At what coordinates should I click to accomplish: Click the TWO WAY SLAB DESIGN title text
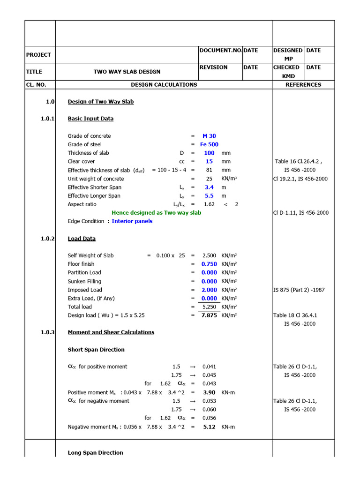pyautogui.click(x=127, y=72)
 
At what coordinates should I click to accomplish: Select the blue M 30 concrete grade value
pyautogui.click(x=209, y=136)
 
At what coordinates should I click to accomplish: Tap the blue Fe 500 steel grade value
pyautogui.click(x=209, y=144)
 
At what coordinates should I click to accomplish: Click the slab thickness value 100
pyautogui.click(x=209, y=153)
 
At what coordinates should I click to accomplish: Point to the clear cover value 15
pyautogui.click(x=209, y=161)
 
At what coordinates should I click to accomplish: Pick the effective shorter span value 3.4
pyautogui.click(x=209, y=187)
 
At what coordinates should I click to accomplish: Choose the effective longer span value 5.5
pyautogui.click(x=209, y=195)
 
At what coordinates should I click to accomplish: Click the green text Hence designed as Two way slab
pyautogui.click(x=156, y=213)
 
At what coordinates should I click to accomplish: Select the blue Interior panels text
pyautogui.click(x=132, y=221)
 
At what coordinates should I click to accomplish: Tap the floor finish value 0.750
pyautogui.click(x=209, y=264)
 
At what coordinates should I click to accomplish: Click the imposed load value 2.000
pyautogui.click(x=209, y=290)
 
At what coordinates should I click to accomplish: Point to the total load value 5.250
pyautogui.click(x=209, y=307)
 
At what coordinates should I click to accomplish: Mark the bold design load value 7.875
pyautogui.click(x=209, y=315)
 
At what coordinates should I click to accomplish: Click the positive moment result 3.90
pyautogui.click(x=209, y=392)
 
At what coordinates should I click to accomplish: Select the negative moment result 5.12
pyautogui.click(x=209, y=427)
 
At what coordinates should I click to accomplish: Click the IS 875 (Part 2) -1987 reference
pyautogui.click(x=299, y=290)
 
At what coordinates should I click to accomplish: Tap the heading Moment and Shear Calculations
pyautogui.click(x=111, y=332)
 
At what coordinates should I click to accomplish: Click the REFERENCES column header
pyautogui.click(x=303, y=85)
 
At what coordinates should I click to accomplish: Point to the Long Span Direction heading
pyautogui.click(x=95, y=453)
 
